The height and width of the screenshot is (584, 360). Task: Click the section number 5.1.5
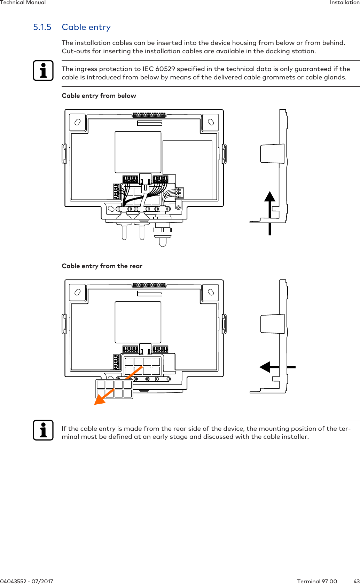pyautogui.click(x=42, y=27)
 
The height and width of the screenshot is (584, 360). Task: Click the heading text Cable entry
pyautogui.click(x=86, y=27)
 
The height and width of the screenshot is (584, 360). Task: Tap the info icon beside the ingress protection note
pyautogui.click(x=43, y=71)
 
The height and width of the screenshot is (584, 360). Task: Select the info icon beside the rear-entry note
pyautogui.click(x=43, y=430)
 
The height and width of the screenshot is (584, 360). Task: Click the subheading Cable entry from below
pyautogui.click(x=99, y=96)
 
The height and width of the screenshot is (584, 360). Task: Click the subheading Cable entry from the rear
pyautogui.click(x=102, y=266)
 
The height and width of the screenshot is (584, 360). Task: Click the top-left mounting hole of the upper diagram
pyautogui.click(x=78, y=122)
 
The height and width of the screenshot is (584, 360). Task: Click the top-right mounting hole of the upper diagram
pyautogui.click(x=211, y=122)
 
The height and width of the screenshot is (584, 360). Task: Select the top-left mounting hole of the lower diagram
pyautogui.click(x=78, y=292)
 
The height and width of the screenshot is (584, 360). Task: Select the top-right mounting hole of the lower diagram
pyautogui.click(x=211, y=292)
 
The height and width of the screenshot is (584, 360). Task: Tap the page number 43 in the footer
pyautogui.click(x=356, y=581)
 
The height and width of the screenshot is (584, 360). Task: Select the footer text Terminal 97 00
pyautogui.click(x=317, y=581)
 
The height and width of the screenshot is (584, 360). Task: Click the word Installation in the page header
pyautogui.click(x=344, y=2)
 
